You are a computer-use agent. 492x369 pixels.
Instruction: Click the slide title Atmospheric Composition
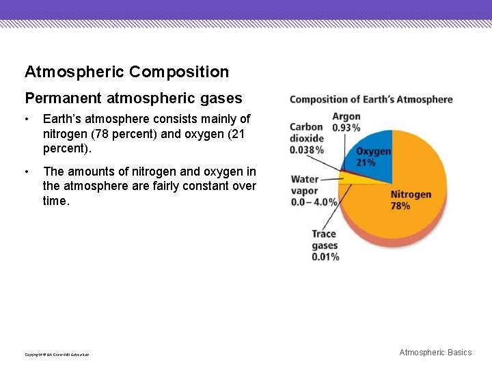tap(126, 72)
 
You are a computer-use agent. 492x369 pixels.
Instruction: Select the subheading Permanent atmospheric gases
tap(133, 98)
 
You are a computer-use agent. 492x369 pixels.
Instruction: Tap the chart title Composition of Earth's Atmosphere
tap(371, 100)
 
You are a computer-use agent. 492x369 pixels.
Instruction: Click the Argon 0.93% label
tap(346, 122)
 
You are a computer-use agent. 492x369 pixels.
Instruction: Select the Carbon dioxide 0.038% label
tap(306, 138)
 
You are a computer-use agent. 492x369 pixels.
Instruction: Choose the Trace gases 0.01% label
tap(325, 245)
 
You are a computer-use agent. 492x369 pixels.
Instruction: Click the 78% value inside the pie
tap(400, 206)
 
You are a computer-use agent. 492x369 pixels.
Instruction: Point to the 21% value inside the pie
tap(366, 163)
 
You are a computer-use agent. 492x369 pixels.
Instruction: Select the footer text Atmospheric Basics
tap(435, 353)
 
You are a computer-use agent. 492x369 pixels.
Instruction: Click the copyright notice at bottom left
tap(57, 354)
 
